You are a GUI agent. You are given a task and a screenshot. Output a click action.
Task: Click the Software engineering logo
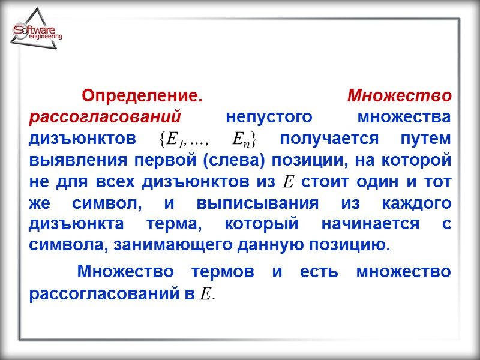coord(37,32)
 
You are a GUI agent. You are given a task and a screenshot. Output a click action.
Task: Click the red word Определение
coord(141,96)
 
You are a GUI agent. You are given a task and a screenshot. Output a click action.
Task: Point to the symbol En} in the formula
coord(245,139)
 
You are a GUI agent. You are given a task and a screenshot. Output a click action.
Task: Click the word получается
coord(331,139)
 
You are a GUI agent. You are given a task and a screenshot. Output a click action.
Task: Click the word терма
coord(182,224)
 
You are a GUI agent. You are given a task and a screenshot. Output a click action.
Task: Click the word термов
coord(223,272)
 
